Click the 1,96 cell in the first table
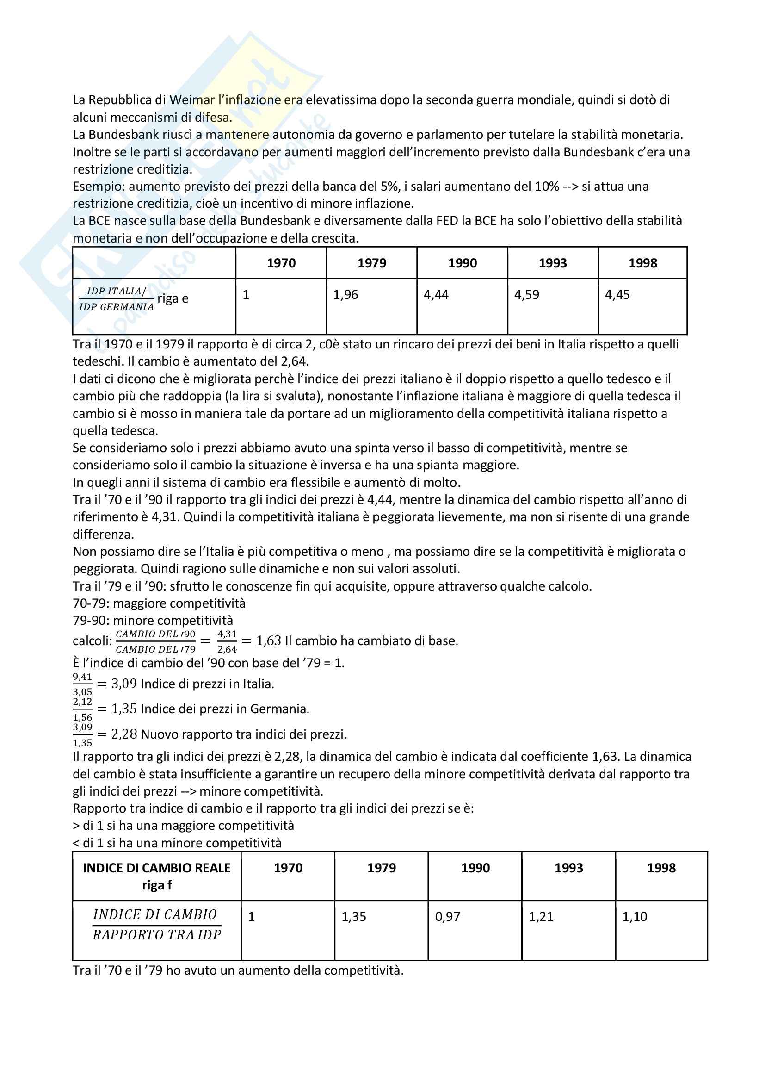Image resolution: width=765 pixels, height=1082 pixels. (345, 295)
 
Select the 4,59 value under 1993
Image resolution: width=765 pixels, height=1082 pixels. (526, 295)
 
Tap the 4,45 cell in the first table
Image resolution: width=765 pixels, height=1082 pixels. (617, 295)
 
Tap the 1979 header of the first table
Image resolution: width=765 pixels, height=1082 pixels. (372, 263)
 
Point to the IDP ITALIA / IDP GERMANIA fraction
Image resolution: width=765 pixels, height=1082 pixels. (117, 299)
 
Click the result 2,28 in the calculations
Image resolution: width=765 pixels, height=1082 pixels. (124, 734)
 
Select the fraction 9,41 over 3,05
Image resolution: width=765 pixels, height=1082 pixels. (82, 684)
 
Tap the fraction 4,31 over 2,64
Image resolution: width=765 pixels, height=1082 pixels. (227, 641)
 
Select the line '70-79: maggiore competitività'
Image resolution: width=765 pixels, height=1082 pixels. (159, 603)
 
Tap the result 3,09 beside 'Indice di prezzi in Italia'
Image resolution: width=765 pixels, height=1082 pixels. (124, 684)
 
